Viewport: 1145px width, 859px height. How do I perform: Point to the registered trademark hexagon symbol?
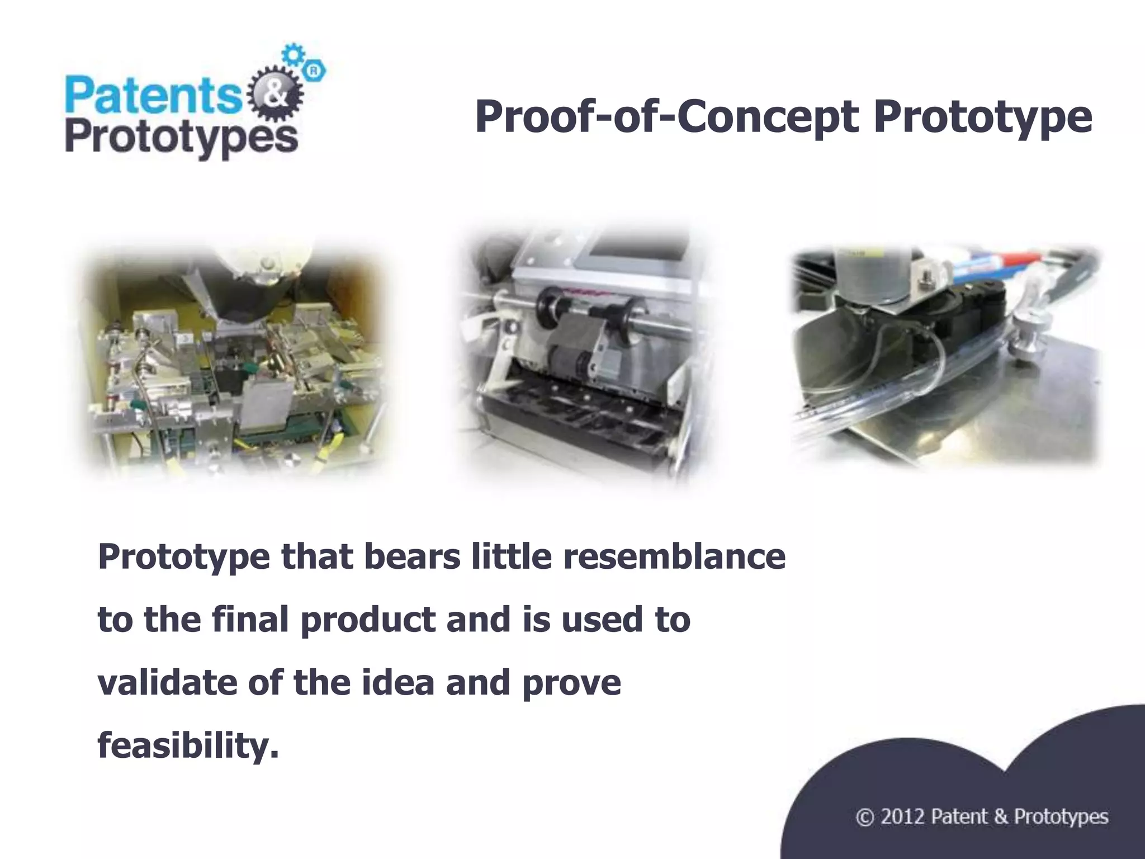pos(314,70)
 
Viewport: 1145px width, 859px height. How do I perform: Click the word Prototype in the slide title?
pos(982,117)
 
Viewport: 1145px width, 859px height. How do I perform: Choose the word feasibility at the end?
pos(188,745)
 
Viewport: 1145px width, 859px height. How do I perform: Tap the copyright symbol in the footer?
pos(864,817)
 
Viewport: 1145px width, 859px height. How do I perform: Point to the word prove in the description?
pos(571,683)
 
